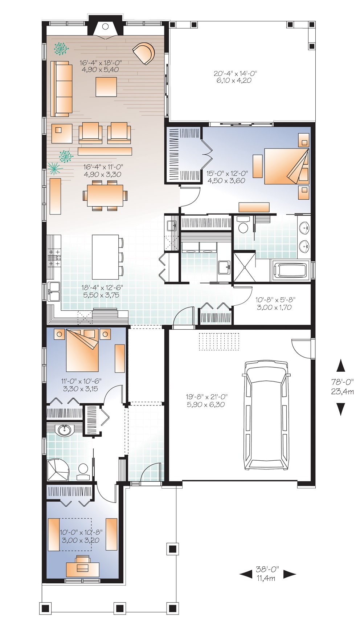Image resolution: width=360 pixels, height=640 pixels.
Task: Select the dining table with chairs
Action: [105, 196]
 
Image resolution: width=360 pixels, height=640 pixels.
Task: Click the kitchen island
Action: [105, 256]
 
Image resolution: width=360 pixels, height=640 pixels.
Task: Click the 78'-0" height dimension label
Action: [341, 387]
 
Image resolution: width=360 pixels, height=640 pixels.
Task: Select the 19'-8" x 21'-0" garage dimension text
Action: [206, 401]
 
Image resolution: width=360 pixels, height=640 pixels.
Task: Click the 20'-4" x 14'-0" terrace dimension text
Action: [235, 77]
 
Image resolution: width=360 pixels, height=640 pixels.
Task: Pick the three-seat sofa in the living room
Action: [61, 89]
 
